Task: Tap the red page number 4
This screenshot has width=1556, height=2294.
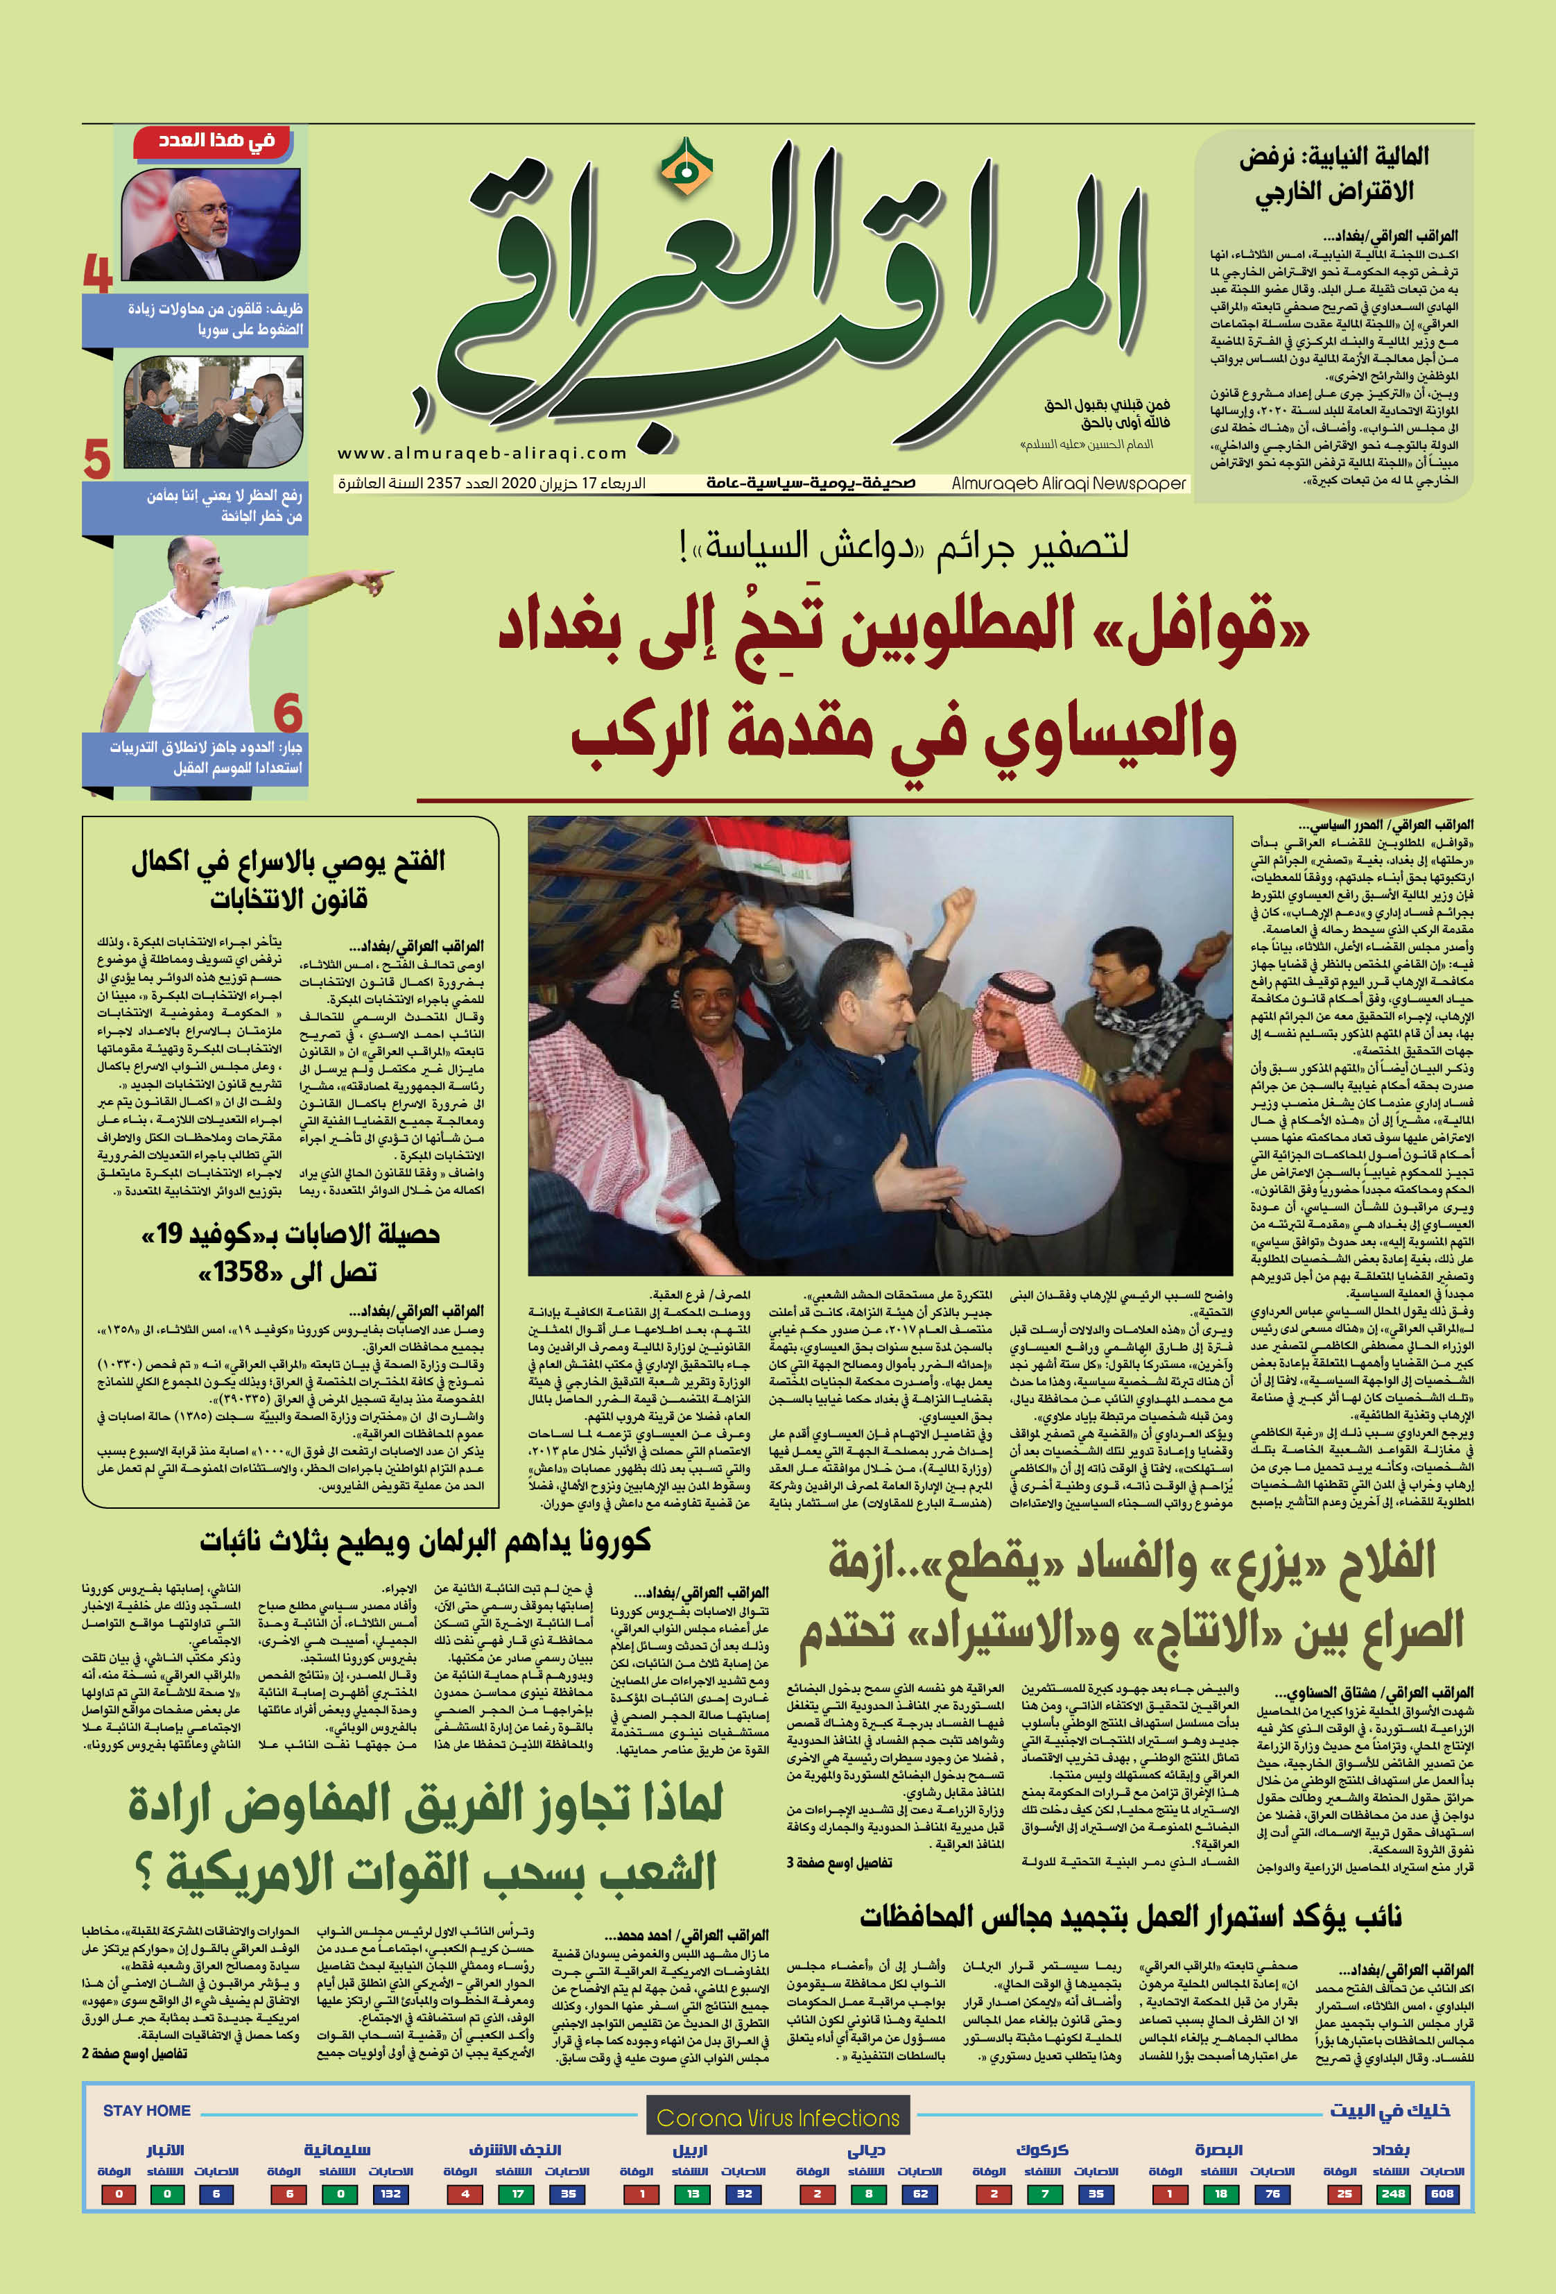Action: (x=98, y=273)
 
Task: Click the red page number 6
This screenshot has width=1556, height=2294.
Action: (x=287, y=712)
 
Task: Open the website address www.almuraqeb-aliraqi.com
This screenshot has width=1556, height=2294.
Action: (x=483, y=453)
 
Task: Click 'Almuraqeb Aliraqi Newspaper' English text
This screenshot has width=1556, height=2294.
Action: (x=1069, y=483)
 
